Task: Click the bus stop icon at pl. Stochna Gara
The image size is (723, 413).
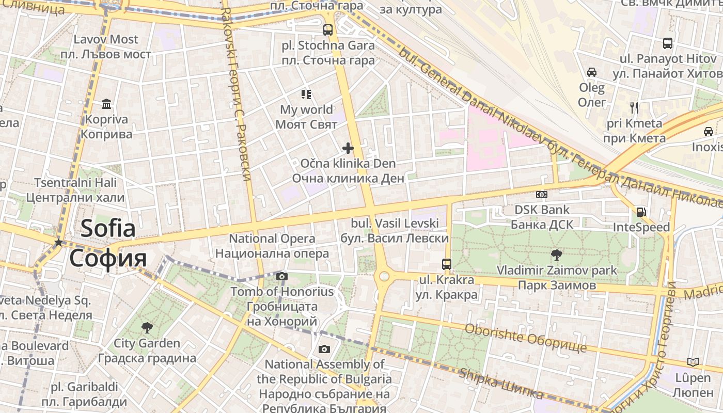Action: [x=328, y=29]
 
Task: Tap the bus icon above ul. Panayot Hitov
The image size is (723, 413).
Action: [x=668, y=43]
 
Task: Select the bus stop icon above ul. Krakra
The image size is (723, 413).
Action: [x=447, y=264]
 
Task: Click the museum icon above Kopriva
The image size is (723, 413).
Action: [x=106, y=104]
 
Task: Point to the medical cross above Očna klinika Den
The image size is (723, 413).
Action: [x=348, y=149]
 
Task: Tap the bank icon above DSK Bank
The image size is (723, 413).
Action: [x=541, y=195]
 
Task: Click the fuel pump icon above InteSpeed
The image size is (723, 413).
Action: [x=641, y=212]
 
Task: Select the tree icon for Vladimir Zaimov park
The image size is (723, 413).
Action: [x=557, y=254]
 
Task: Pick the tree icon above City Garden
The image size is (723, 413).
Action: [x=147, y=327]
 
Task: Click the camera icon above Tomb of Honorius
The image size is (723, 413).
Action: [x=282, y=277]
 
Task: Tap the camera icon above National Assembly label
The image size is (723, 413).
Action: [x=324, y=350]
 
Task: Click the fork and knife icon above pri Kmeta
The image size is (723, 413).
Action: [x=635, y=108]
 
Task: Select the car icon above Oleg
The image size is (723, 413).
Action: [x=592, y=72]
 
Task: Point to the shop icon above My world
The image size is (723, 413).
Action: [x=306, y=94]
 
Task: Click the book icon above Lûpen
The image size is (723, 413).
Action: [x=693, y=362]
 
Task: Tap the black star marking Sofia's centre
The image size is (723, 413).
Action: [x=59, y=242]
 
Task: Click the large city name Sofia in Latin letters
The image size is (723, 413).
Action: [x=108, y=228]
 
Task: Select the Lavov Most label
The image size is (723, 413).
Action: [x=106, y=40]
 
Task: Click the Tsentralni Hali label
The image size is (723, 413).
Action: [x=75, y=183]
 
